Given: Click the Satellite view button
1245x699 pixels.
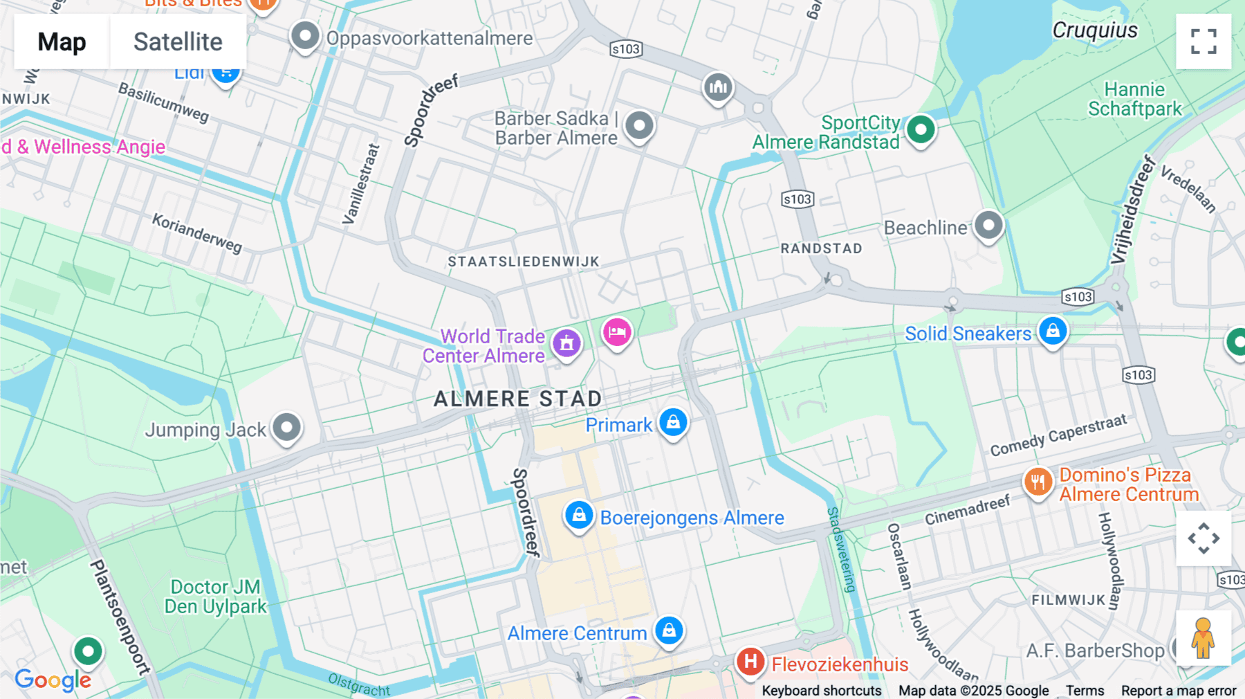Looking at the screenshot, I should [x=178, y=42].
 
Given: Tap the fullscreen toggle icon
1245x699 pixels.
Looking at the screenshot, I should [x=1203, y=42].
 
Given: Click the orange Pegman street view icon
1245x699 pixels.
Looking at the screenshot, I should [x=1203, y=637].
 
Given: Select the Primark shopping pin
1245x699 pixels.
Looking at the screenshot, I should [x=673, y=422].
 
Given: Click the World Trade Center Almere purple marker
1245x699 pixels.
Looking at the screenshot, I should [x=566, y=343].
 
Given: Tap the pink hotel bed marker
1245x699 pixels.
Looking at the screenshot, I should [x=617, y=333].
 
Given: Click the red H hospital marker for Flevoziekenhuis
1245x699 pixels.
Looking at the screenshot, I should [x=750, y=662].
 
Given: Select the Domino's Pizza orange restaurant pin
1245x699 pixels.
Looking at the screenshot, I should [x=1037, y=482].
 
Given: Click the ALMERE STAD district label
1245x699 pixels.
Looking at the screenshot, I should [x=517, y=399].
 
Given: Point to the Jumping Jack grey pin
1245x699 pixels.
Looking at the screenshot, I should [x=286, y=427].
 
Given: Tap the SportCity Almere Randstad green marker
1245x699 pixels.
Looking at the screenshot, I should [x=921, y=129].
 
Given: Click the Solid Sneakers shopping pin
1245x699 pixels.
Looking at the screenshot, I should [x=1053, y=331].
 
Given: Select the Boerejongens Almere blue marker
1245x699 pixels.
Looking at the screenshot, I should [x=579, y=516].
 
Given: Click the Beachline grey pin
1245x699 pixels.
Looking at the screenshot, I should [x=988, y=225].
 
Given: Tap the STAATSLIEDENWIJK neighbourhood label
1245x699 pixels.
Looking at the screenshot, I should [x=524, y=262].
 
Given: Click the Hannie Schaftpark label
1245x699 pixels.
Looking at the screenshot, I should [x=1134, y=99].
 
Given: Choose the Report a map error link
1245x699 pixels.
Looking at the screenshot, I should [x=1179, y=690].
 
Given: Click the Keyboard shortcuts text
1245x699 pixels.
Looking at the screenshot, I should [x=821, y=690].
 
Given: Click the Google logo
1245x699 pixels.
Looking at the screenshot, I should [x=53, y=680].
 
